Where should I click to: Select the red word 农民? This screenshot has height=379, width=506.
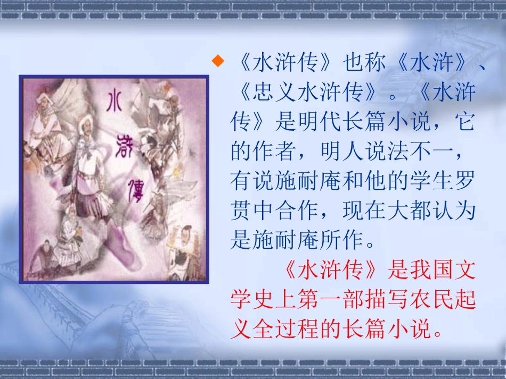click(437, 300)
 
